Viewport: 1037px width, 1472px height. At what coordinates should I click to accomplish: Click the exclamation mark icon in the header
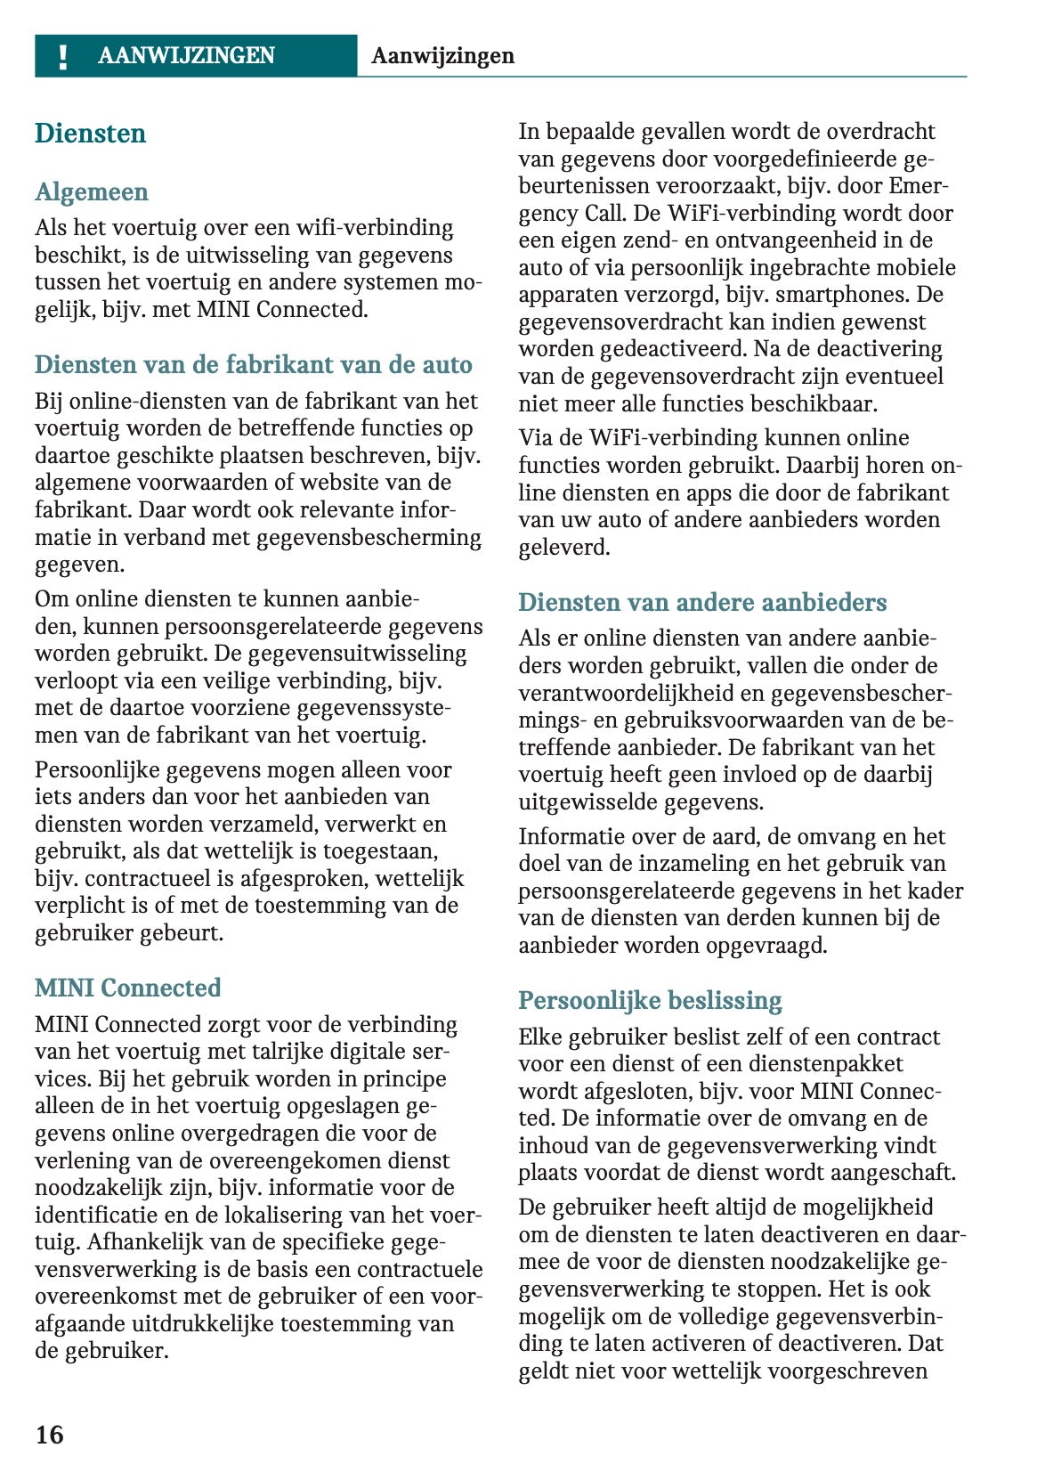(62, 57)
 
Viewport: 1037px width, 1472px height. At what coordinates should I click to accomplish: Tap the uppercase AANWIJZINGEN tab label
(186, 56)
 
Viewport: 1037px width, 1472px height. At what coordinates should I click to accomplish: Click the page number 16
(50, 1434)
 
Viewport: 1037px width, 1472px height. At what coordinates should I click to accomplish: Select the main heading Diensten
(90, 134)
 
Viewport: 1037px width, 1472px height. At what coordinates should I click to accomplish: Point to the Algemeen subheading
(92, 192)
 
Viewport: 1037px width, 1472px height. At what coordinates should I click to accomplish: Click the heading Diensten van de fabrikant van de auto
(254, 365)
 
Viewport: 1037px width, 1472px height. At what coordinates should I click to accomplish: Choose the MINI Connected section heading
(127, 988)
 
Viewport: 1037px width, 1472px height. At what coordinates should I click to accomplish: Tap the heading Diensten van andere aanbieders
(702, 603)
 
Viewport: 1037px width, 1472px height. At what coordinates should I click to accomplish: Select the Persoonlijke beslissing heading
(650, 1001)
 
